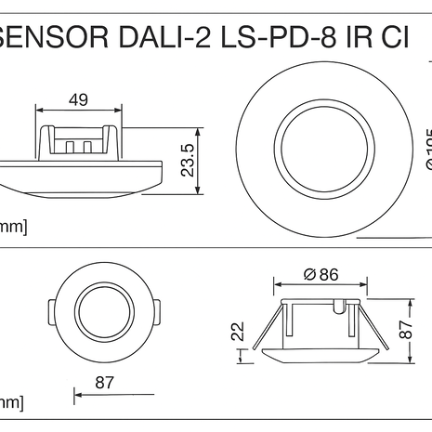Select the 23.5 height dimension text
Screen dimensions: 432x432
click(x=188, y=161)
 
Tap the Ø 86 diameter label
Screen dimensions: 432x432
click(x=321, y=274)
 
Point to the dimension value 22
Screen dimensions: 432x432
click(x=237, y=331)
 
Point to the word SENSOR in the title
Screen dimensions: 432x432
click(x=51, y=40)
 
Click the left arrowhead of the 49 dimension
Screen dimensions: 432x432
click(x=40, y=111)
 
